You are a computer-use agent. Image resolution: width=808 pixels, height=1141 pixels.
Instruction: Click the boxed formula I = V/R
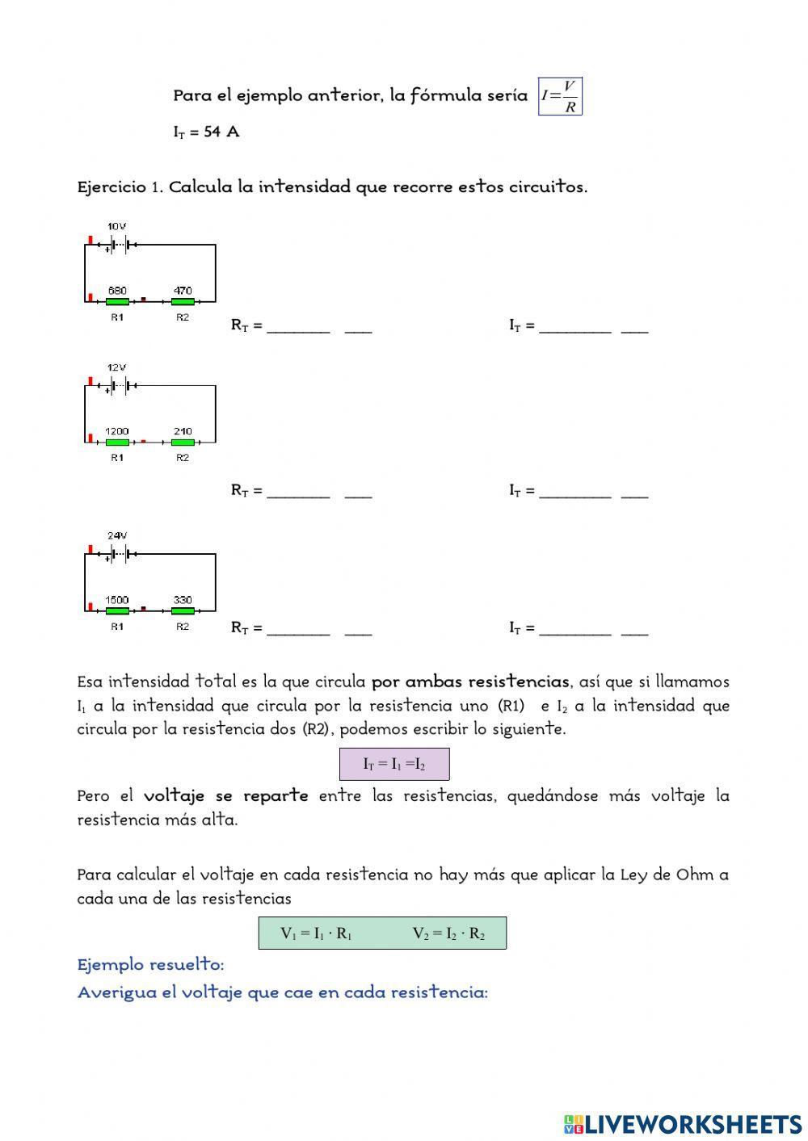tap(560, 97)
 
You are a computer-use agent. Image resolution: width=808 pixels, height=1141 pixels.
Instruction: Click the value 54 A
tap(221, 132)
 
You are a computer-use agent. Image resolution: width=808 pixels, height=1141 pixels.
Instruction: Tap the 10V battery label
tap(116, 227)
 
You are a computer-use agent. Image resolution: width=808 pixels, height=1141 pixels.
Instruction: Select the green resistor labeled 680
tap(117, 302)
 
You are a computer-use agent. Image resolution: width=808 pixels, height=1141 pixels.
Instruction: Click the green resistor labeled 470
tap(183, 302)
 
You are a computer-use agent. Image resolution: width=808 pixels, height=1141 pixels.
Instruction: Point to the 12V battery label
tap(116, 367)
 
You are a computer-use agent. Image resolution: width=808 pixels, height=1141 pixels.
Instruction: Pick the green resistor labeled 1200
tap(117, 443)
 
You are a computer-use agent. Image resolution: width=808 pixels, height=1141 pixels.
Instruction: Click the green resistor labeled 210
tap(183, 443)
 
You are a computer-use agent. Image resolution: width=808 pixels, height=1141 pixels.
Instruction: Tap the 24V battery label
tap(116, 535)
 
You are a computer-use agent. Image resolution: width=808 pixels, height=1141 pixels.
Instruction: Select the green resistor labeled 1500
tap(117, 611)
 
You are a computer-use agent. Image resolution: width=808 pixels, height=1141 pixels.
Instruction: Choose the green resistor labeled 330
tap(183, 611)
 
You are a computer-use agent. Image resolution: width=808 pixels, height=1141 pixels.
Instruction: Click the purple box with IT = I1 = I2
tap(393, 764)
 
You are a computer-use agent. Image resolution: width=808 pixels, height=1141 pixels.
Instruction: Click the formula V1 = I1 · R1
tap(316, 933)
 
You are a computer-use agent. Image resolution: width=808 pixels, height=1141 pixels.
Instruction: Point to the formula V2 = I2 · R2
tap(448, 933)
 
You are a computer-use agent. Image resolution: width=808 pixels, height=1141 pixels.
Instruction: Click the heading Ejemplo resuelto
tap(150, 965)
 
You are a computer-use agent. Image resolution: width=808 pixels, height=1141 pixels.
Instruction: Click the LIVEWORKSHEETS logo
tap(683, 1124)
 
